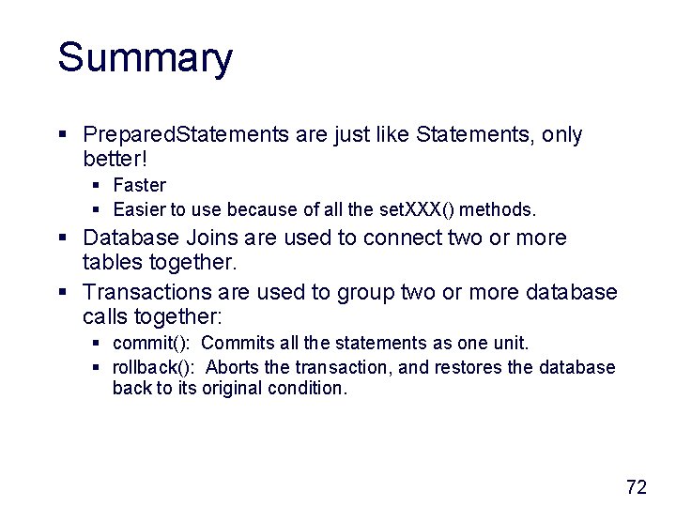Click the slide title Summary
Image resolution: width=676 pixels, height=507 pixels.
tap(145, 58)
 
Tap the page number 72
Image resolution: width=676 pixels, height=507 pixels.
tap(637, 486)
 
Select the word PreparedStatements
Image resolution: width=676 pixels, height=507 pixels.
tap(186, 135)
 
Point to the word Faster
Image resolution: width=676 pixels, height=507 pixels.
tap(139, 185)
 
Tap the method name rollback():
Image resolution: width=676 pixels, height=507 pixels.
tap(154, 367)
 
